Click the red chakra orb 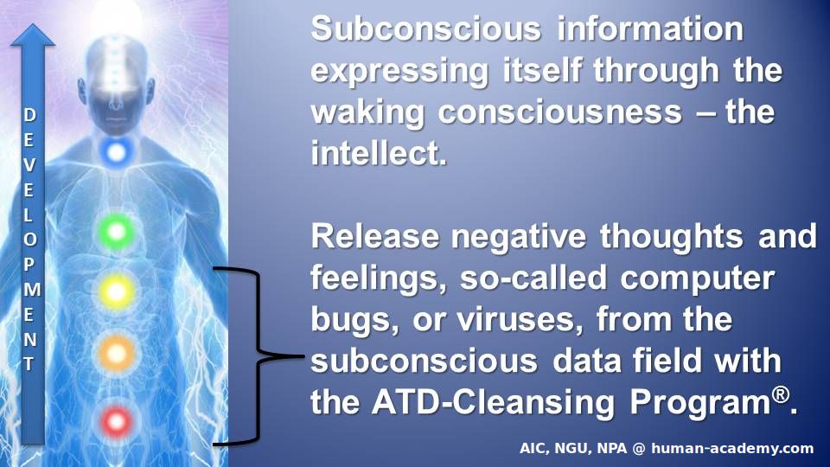click(x=117, y=421)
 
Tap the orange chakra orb click(x=117, y=353)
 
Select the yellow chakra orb click(x=116, y=291)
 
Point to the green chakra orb click(x=117, y=231)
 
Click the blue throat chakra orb click(x=116, y=152)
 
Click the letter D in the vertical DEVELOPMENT click(x=29, y=115)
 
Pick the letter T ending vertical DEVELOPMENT click(x=29, y=364)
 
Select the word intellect click(x=379, y=153)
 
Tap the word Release click(x=374, y=236)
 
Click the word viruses click(x=520, y=319)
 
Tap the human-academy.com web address click(x=732, y=449)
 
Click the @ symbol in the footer click(x=639, y=449)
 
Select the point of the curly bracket click(x=303, y=355)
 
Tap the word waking click(x=367, y=112)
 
